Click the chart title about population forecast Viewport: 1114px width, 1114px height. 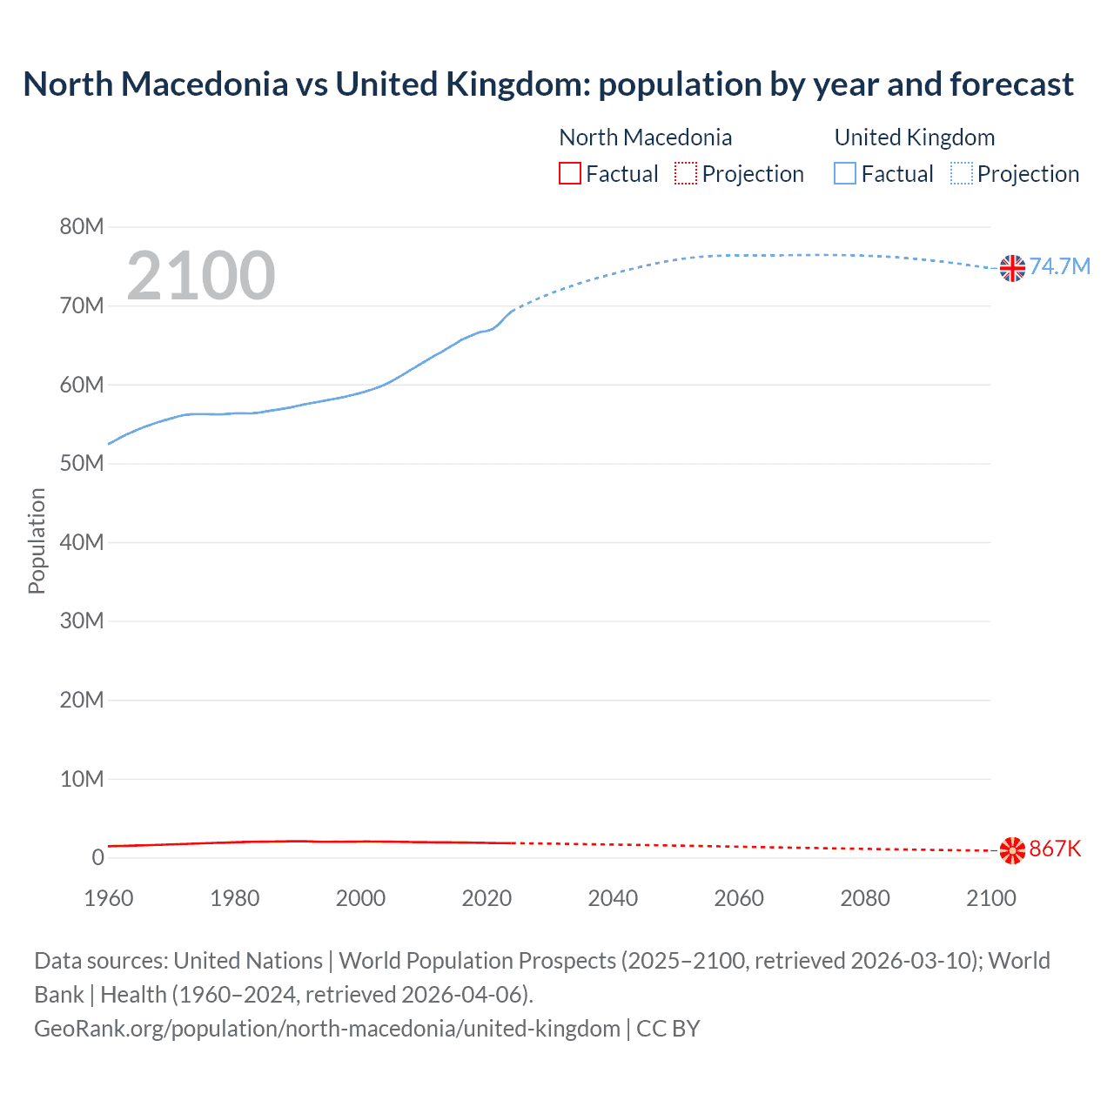pos(548,84)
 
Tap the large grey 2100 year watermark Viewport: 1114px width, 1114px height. pos(201,276)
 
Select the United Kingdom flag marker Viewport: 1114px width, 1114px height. pos(1012,268)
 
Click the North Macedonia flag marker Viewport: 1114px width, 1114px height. pos(1012,850)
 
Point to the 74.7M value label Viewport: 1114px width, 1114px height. pos(1059,266)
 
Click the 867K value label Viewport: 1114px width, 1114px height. pos(1055,849)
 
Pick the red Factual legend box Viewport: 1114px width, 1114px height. pos(570,174)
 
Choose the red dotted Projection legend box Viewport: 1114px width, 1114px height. pos(686,174)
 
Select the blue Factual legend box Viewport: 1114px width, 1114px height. pos(845,174)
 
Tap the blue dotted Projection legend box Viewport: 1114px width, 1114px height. pos(962,174)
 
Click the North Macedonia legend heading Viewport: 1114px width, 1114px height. pos(645,138)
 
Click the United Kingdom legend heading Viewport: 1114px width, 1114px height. pos(914,138)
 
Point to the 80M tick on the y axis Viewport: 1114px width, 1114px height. pos(82,227)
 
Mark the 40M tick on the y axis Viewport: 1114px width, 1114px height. pos(82,542)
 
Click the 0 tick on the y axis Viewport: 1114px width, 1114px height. pos(97,857)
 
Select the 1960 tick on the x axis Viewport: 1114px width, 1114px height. pos(109,898)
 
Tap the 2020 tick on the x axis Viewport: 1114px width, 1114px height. pos(487,898)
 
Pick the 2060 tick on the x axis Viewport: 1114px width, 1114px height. pos(739,898)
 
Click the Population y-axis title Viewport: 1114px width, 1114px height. pos(37,540)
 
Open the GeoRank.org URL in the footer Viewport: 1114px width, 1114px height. pos(327,1029)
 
